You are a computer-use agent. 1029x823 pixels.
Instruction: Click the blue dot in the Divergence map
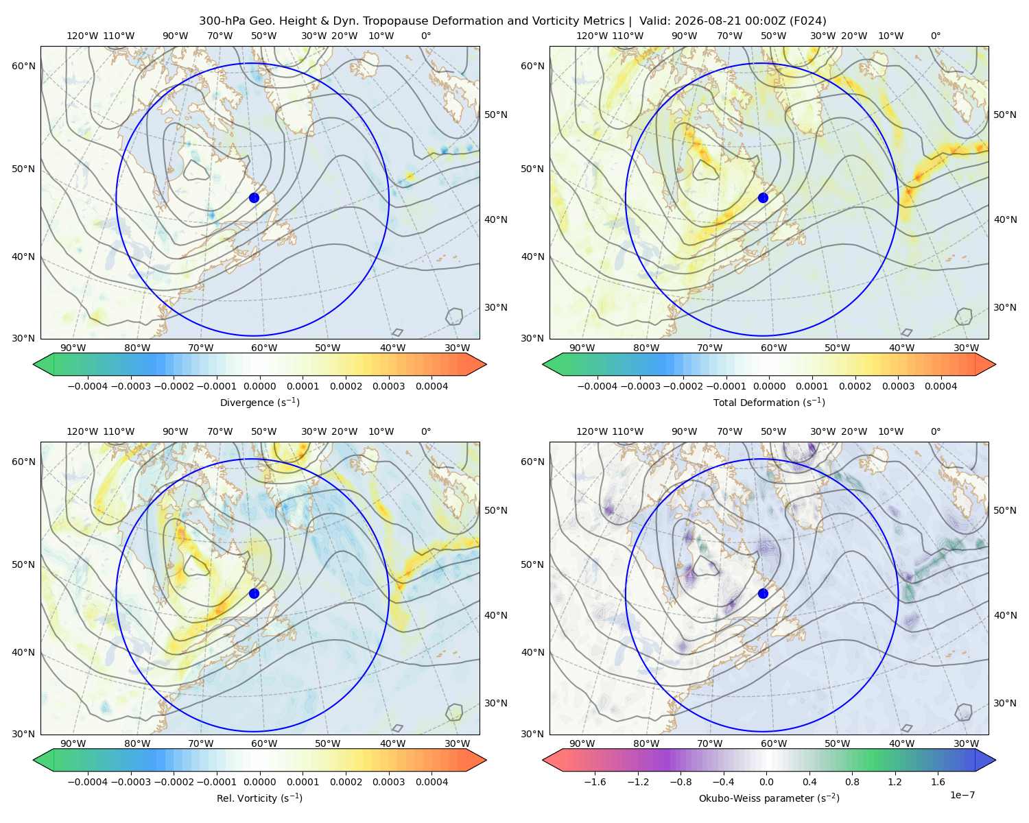[254, 198]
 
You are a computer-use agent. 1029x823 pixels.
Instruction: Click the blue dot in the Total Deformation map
[763, 198]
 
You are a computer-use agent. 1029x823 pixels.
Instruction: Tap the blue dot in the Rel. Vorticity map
[254, 593]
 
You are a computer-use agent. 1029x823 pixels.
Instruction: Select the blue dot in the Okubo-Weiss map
[763, 593]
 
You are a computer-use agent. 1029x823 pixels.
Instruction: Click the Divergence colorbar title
[259, 402]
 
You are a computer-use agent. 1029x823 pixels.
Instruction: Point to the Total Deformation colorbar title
[769, 402]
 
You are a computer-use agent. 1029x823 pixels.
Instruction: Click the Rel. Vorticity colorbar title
[259, 798]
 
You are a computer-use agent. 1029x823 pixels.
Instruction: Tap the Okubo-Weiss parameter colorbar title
[769, 798]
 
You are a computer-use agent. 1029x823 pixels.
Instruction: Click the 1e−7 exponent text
[962, 795]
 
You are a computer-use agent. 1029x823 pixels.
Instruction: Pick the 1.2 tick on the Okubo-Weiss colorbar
[895, 782]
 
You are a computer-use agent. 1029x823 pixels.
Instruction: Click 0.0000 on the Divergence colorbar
[259, 386]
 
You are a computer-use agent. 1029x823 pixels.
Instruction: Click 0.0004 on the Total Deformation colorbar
[941, 386]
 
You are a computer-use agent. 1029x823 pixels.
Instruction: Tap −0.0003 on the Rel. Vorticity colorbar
[130, 782]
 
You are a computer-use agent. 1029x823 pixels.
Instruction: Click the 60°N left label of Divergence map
[23, 66]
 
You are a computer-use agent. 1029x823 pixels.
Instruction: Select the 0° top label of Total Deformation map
[935, 36]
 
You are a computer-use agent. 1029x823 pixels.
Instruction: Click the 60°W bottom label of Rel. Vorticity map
[264, 743]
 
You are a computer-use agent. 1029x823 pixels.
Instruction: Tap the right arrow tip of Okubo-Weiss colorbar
[995, 760]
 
